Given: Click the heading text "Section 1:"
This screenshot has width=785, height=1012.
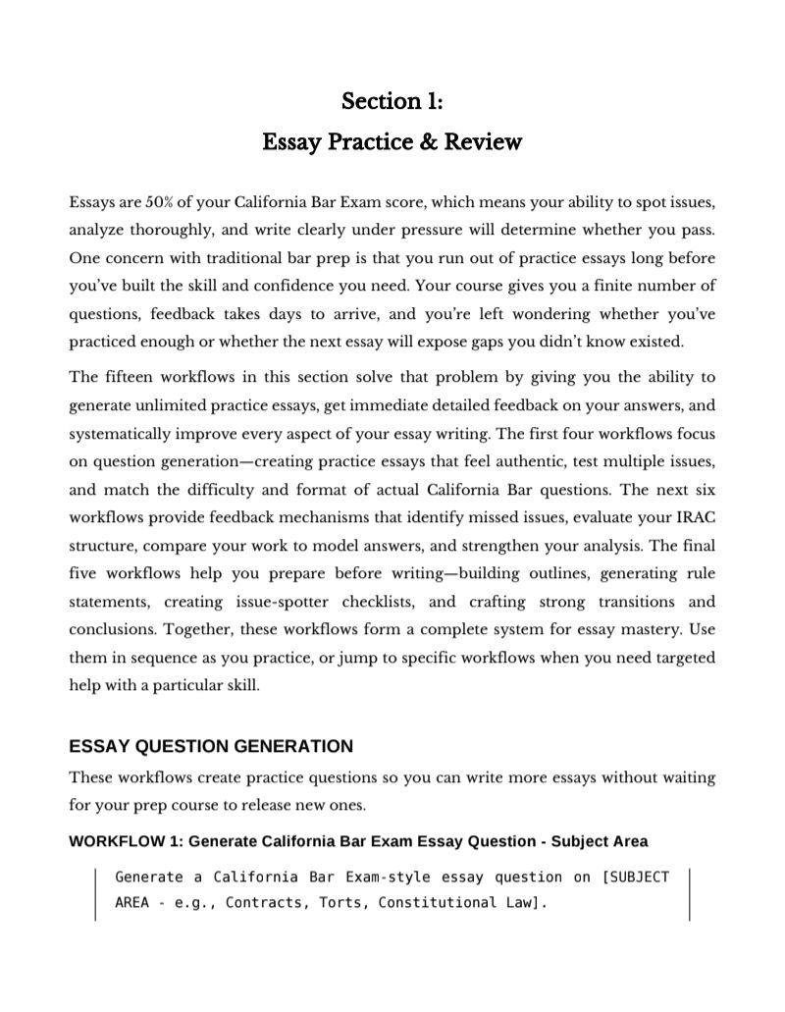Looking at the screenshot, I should [392, 101].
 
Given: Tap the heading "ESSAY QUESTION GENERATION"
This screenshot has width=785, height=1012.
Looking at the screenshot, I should [210, 746].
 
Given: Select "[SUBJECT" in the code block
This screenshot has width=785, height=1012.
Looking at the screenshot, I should [634, 877].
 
